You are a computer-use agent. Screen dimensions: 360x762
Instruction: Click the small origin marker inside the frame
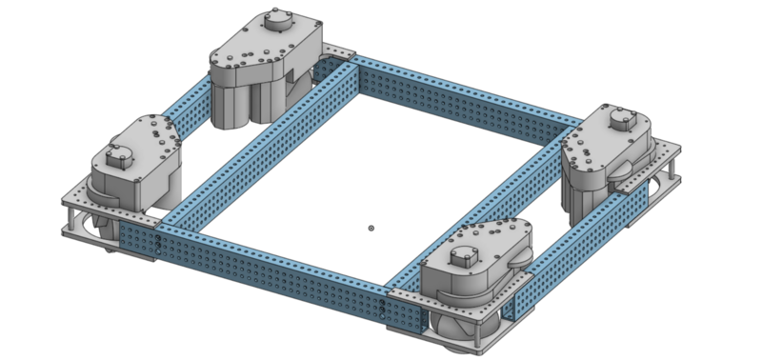(371, 228)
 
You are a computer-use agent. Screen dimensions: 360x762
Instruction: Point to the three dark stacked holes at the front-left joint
(154, 245)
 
